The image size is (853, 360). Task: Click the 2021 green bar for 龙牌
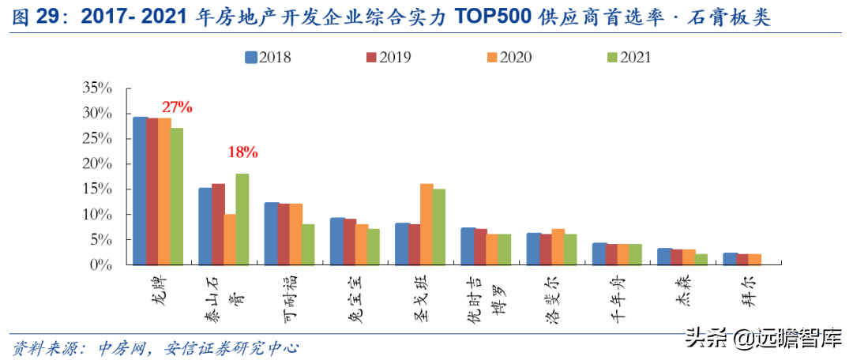click(x=176, y=197)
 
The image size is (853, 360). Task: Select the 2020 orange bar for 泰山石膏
click(x=230, y=239)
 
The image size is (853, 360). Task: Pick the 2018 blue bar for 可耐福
click(x=271, y=234)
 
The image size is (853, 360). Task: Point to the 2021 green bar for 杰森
click(x=701, y=259)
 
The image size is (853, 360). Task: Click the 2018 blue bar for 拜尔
click(x=730, y=258)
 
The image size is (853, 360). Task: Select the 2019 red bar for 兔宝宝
click(x=349, y=242)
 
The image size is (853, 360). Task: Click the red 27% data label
click(x=177, y=107)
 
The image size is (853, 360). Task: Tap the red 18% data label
click(x=242, y=152)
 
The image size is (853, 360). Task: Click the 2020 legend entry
click(x=509, y=57)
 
